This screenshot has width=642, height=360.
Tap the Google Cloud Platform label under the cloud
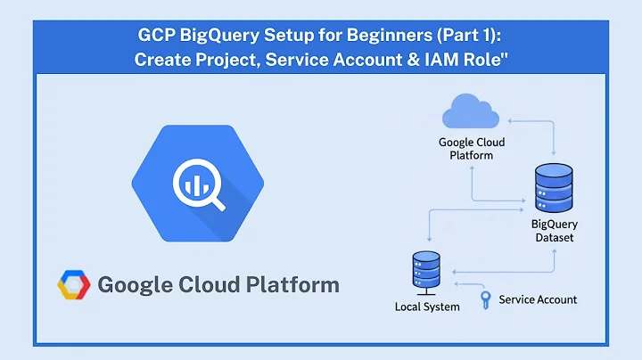coord(471,148)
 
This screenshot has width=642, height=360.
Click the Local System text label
coord(427,307)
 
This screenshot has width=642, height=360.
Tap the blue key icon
coord(485,299)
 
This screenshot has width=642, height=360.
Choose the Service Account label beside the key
coord(538,299)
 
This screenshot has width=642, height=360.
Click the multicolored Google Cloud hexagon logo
coord(74,285)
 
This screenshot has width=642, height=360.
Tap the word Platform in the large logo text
coord(290,285)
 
